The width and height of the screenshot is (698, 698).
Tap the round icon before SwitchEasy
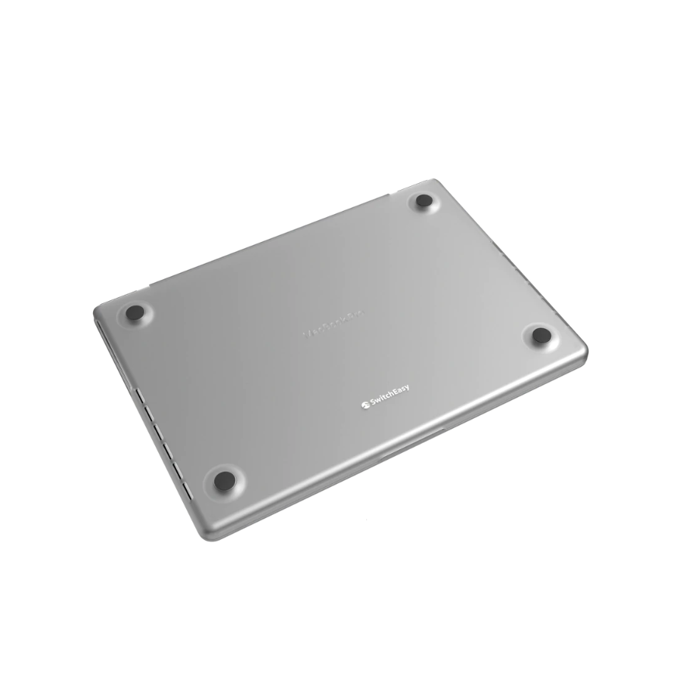[x=363, y=405]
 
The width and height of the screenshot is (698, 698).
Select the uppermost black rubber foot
[x=423, y=202]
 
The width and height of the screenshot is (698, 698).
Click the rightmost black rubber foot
[x=541, y=335]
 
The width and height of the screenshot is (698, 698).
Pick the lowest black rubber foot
[x=223, y=479]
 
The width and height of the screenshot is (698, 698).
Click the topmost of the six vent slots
[x=138, y=396]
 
